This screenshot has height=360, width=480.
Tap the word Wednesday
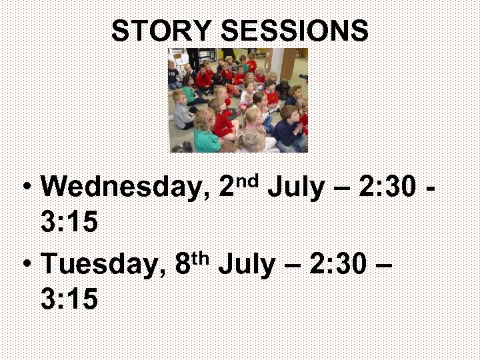pos(121,188)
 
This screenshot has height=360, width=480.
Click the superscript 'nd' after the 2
pos(247,179)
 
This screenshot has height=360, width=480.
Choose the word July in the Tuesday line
pos(245,265)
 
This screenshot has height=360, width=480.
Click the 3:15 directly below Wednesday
pos(69,223)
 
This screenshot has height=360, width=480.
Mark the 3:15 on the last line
pos(69,299)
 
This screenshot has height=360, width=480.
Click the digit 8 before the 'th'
pos(183,265)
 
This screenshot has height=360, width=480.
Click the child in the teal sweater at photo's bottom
pos(206,133)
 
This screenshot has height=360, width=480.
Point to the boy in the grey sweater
pos(181,112)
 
